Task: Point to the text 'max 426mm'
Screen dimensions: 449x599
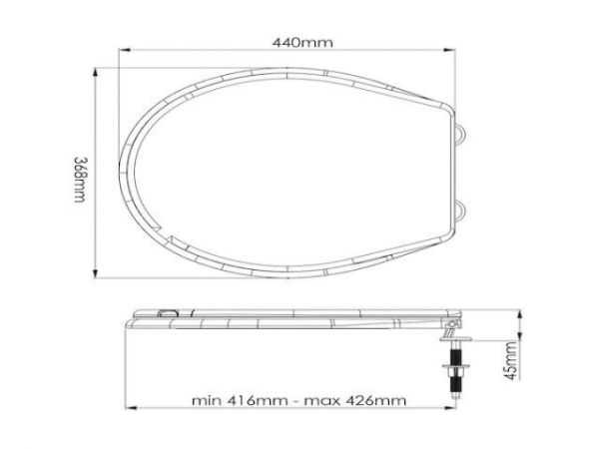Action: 370,401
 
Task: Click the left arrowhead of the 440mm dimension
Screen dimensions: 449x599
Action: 127,55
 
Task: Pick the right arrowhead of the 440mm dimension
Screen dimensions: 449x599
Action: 465,55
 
